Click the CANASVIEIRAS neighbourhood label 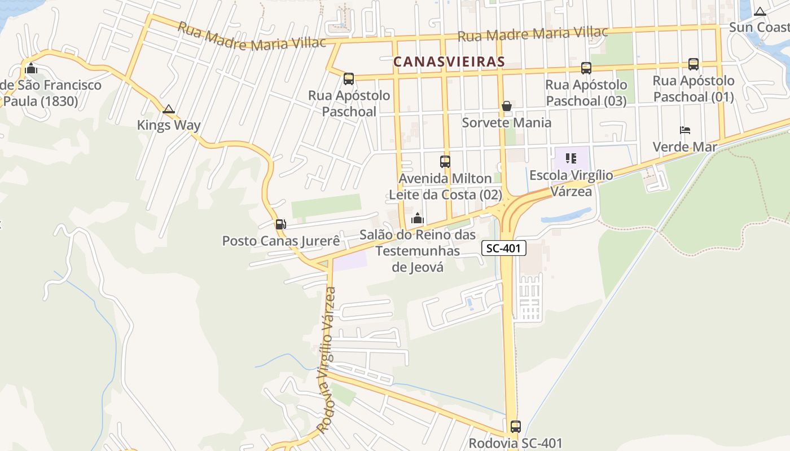point(449,61)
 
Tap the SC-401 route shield point(504,247)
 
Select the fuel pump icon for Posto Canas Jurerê point(280,224)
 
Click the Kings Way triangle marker point(168,109)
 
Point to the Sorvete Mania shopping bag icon point(507,106)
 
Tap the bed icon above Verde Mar point(685,130)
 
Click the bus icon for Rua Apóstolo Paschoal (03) point(586,68)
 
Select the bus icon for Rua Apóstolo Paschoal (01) point(694,64)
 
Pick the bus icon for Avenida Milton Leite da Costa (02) point(445,162)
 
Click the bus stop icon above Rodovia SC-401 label point(515,427)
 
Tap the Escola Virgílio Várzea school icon point(571,158)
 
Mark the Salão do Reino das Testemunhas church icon point(418,218)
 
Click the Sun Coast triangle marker point(760,11)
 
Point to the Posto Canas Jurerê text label point(281,241)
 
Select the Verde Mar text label point(684,147)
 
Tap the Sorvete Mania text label point(507,122)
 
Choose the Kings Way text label point(169,125)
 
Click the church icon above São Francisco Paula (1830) point(31,69)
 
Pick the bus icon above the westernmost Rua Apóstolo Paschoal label point(349,79)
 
